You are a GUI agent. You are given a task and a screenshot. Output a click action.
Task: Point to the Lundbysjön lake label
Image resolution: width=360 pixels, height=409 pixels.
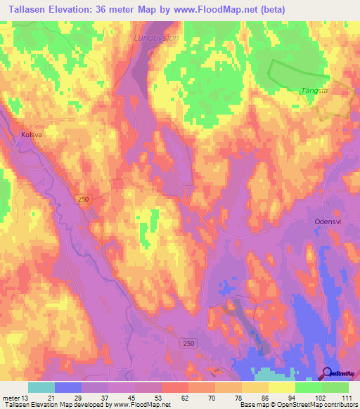point(155,39)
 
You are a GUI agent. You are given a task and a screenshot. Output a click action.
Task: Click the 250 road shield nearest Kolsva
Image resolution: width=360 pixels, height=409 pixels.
point(84,200)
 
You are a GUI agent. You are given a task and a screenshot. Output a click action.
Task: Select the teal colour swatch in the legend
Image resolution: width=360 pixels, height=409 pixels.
point(41,387)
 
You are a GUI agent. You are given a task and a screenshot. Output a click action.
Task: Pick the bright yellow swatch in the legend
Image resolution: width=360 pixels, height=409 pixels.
point(281,387)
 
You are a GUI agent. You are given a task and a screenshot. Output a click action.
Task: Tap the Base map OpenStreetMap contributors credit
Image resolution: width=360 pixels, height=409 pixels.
point(298,405)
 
